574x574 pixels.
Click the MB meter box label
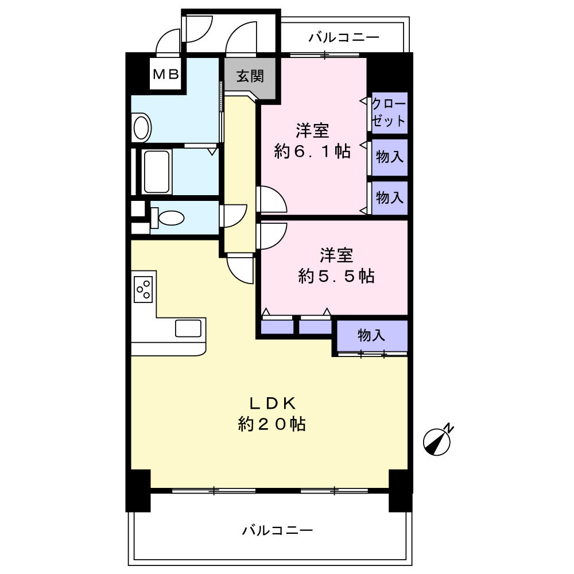166,74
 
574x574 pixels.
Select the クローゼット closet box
389,113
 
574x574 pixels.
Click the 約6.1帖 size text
312,152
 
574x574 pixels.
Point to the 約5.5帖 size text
336,277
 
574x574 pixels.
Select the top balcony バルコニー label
344,38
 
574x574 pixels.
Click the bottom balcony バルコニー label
277,530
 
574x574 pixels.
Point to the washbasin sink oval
141,127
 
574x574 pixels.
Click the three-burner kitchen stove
143,289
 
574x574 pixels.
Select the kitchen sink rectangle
188,329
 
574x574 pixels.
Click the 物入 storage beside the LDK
372,335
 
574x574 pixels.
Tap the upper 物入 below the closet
390,157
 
